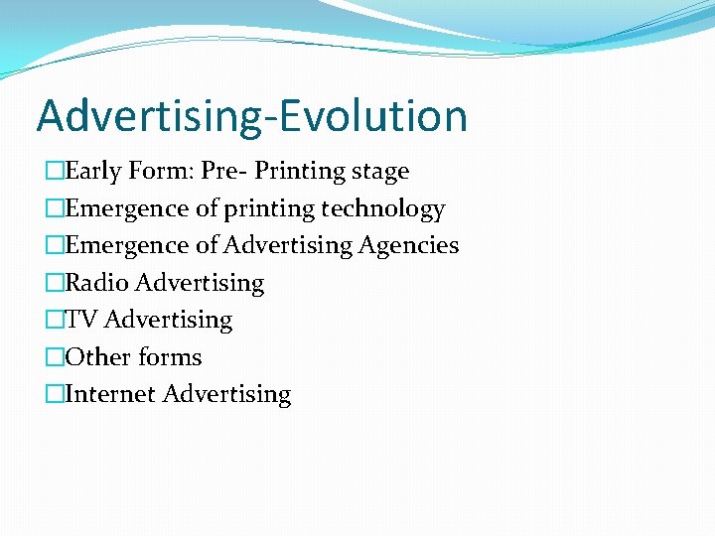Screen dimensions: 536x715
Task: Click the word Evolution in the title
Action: point(373,115)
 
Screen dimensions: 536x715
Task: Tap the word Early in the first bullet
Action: point(94,171)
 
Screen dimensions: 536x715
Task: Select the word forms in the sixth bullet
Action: point(170,356)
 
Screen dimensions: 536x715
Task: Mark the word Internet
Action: point(110,394)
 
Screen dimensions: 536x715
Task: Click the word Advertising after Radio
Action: point(200,283)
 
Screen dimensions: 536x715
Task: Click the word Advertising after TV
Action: point(168,320)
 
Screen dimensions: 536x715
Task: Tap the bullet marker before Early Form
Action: point(54,172)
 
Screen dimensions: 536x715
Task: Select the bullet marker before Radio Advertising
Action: point(54,284)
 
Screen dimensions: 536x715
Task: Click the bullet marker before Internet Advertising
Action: point(54,395)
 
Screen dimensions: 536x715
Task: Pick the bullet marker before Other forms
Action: point(54,357)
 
